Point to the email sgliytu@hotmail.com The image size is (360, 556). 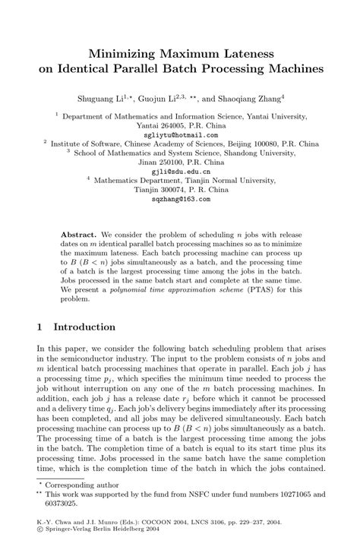pos(181,134)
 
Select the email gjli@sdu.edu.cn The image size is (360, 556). pos(181,171)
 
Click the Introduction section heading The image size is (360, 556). pos(84,327)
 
